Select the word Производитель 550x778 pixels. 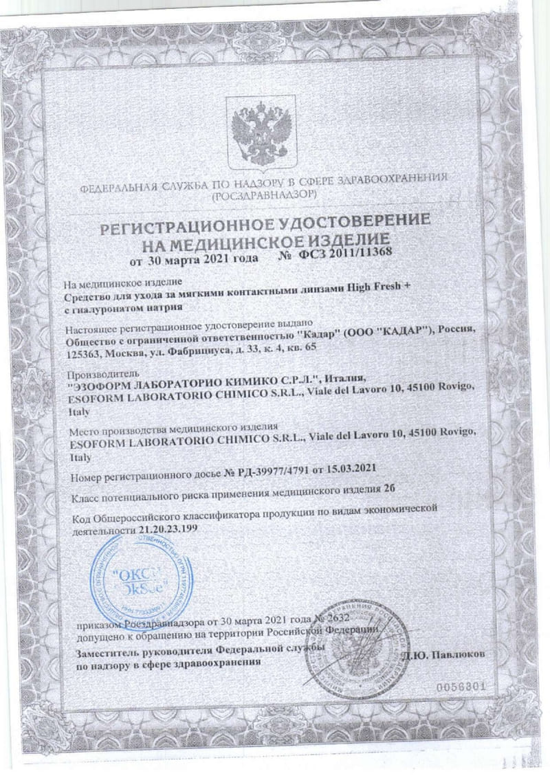pos(96,375)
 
